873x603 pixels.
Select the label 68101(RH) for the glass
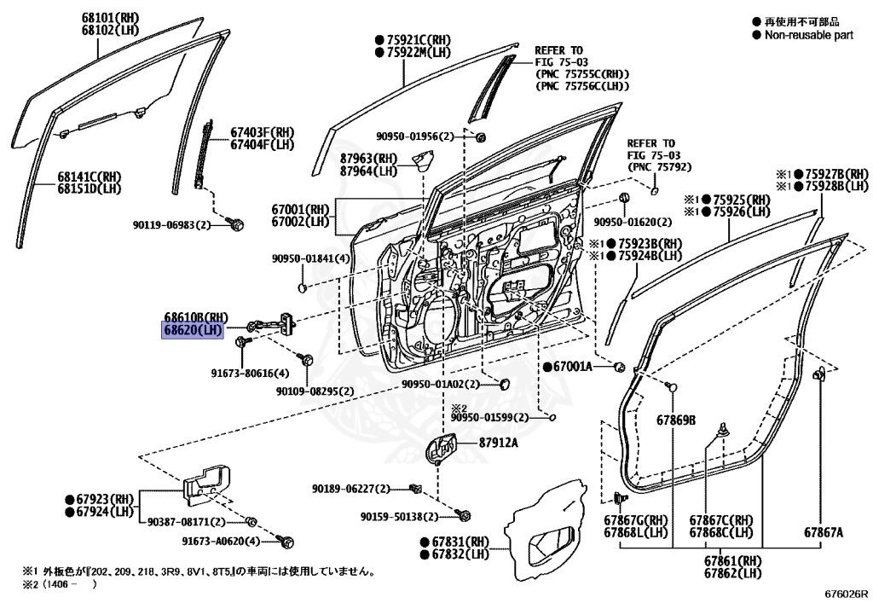click(x=89, y=15)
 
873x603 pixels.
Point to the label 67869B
click(x=676, y=420)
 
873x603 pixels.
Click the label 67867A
click(x=823, y=532)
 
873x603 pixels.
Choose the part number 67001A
click(x=578, y=367)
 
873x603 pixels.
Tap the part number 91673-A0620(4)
click(x=226, y=541)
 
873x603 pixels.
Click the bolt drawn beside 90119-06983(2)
click(x=237, y=223)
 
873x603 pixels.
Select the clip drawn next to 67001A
click(x=621, y=367)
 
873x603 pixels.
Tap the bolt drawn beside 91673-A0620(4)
click(x=287, y=541)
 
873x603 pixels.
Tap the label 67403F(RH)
click(x=262, y=132)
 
